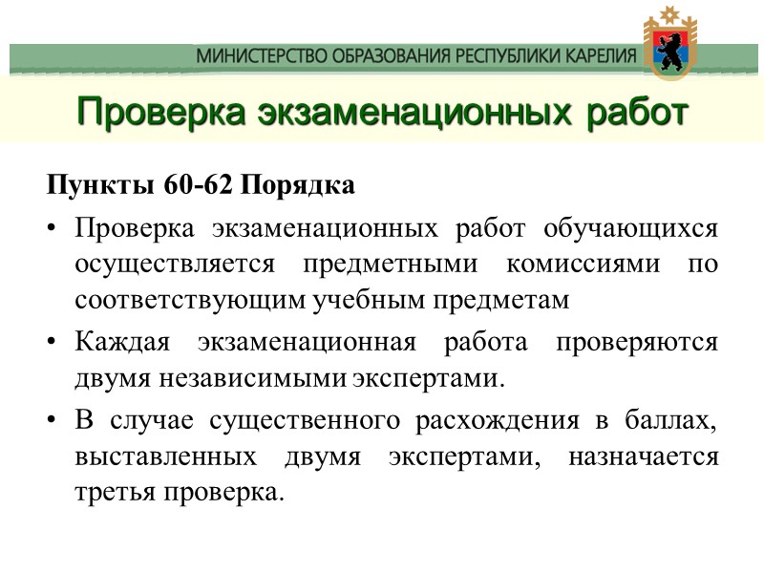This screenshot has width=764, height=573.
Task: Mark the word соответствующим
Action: pos(190,299)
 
